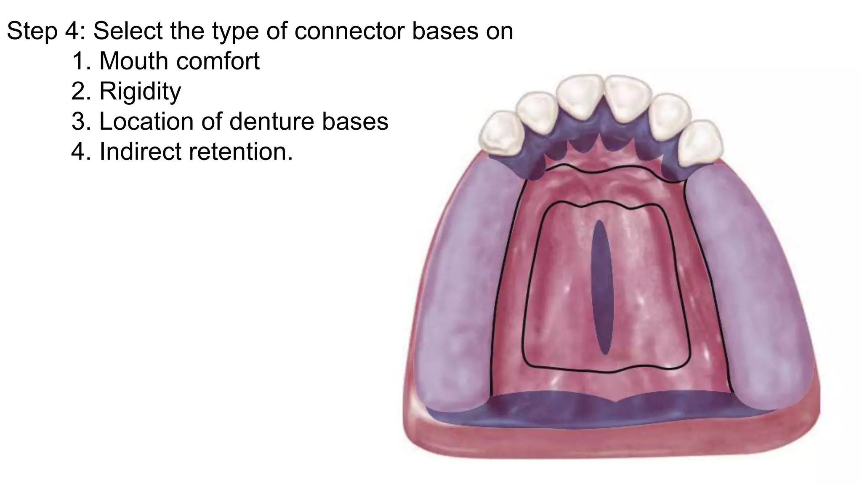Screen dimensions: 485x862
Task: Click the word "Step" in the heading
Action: (32, 31)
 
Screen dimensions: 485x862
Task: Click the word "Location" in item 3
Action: (146, 121)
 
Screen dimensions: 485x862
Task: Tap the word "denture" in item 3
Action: (272, 121)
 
